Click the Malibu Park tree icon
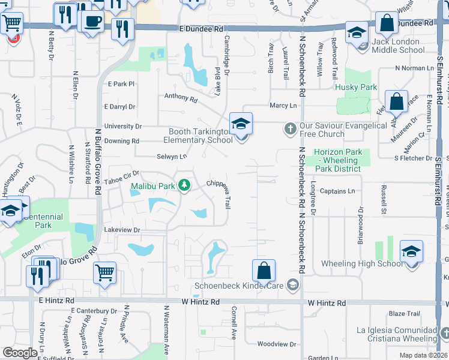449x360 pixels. click(185, 185)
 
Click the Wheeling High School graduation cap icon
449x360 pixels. click(411, 251)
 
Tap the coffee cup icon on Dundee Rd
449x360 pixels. click(91, 22)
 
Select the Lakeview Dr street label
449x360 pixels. click(122, 230)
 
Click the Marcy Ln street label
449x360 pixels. click(283, 106)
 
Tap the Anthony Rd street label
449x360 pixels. click(181, 97)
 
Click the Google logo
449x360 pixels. click(20, 353)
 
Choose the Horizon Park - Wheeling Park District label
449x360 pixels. click(338, 160)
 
